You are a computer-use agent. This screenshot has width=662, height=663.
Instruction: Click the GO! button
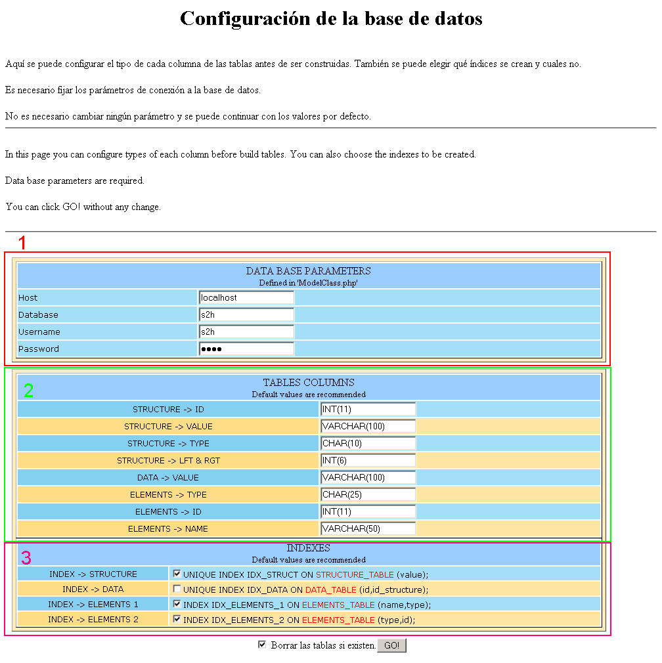391,646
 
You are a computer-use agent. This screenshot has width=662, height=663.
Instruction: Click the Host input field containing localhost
246,297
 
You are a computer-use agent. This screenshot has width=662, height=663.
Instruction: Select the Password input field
246,349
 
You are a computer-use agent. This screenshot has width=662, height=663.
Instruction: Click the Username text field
246,331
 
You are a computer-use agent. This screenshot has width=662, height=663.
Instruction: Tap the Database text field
246,314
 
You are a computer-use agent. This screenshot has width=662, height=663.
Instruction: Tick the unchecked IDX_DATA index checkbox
177,589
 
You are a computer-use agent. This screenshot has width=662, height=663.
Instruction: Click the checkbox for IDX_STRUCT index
177,574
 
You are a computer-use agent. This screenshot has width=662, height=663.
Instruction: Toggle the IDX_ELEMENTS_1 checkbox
177,604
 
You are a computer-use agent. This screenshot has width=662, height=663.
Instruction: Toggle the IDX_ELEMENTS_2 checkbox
177,618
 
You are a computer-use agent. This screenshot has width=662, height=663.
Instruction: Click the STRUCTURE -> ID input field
368,409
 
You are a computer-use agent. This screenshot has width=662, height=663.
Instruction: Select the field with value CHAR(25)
368,494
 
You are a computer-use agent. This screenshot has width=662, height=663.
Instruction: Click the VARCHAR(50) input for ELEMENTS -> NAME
368,528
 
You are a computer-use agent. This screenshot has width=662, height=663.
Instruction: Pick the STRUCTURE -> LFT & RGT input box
368,460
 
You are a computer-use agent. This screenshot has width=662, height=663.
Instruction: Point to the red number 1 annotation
22,243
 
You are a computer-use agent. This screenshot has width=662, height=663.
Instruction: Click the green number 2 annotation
28,391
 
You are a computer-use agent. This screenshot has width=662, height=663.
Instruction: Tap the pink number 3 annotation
26,558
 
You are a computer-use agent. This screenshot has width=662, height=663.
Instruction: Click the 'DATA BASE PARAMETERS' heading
308,270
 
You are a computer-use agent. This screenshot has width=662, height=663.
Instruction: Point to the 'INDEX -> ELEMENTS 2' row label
93,619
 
